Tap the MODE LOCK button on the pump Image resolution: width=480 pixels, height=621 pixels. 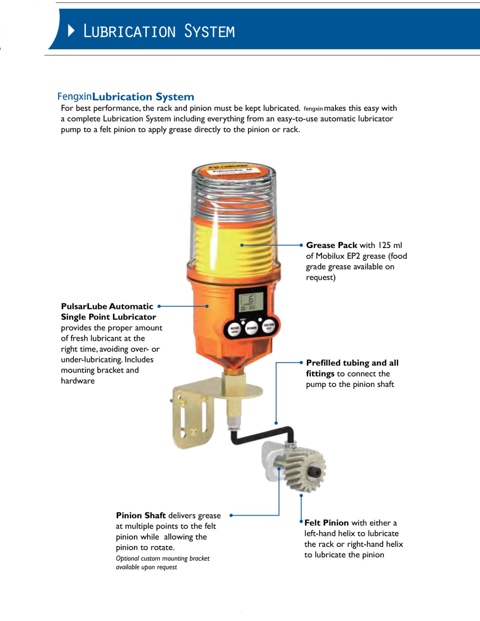(235, 330)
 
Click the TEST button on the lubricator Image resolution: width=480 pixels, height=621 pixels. (269, 326)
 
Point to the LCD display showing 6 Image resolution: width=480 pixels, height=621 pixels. (251, 302)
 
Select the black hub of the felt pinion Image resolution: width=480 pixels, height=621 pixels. (314, 472)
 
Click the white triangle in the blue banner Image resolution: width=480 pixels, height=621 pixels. (71, 30)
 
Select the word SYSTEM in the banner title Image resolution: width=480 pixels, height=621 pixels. (209, 31)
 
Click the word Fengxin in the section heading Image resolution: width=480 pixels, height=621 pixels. (75, 96)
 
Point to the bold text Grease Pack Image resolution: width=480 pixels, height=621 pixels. (331, 245)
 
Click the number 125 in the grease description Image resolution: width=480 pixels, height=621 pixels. (384, 245)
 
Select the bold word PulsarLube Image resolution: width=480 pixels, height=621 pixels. (83, 306)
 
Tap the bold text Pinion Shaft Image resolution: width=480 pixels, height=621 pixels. (141, 515)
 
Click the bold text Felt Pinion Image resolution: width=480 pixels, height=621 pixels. (326, 522)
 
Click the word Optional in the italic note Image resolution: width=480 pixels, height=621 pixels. (127, 559)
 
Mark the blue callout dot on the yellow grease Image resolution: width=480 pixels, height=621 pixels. (242, 245)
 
